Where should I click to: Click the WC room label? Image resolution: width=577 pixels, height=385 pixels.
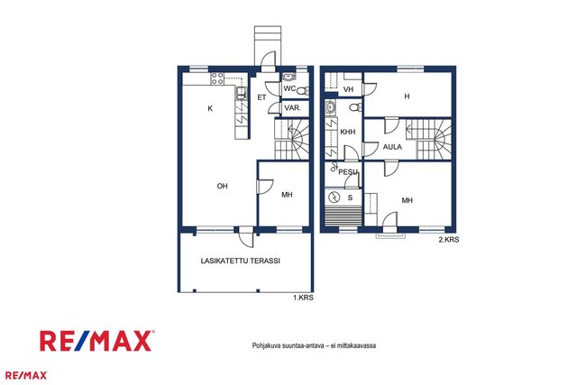(289, 88)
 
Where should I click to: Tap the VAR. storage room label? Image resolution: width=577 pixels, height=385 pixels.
(292, 108)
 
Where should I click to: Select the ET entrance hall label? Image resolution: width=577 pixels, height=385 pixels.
(261, 97)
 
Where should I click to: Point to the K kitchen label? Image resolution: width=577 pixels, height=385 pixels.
(210, 108)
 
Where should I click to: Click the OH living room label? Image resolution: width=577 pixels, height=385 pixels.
(222, 187)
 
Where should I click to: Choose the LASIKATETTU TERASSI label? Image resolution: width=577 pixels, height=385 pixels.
(241, 261)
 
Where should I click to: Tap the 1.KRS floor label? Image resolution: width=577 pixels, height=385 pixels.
(303, 298)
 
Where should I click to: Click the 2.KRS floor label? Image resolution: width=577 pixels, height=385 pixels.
(449, 240)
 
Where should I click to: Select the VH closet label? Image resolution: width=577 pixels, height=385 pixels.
(348, 89)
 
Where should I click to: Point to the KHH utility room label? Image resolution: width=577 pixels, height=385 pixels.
(348, 132)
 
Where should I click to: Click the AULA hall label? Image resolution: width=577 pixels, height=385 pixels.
(392, 147)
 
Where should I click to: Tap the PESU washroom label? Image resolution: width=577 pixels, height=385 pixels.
(348, 172)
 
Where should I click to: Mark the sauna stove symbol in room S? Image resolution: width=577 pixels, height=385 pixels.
(334, 197)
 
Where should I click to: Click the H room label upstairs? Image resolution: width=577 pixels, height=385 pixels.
(407, 96)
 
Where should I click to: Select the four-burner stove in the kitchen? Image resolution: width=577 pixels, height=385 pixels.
(217, 78)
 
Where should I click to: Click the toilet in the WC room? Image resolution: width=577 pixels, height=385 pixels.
(303, 90)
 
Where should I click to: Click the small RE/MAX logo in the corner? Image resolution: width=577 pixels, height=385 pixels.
(26, 375)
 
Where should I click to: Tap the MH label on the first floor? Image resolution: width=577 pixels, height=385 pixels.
(287, 195)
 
